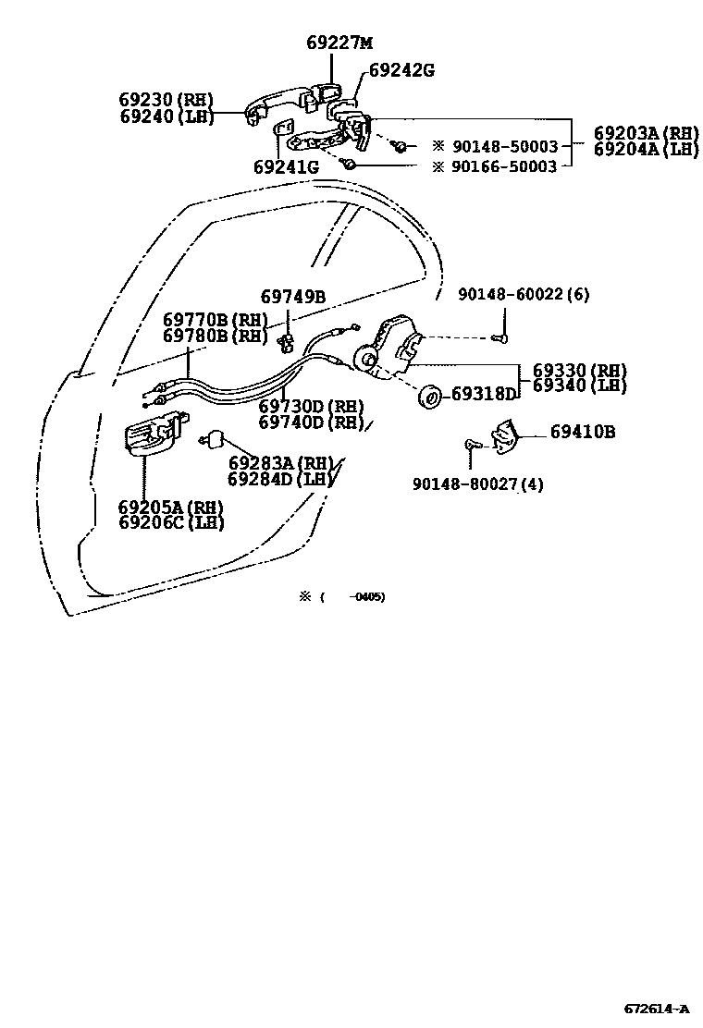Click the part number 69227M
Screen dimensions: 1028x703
339,43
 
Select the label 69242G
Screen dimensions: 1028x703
401,69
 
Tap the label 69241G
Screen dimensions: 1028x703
285,167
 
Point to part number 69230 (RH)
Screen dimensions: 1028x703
166,100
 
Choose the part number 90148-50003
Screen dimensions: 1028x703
504,147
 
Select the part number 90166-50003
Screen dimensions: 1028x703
504,166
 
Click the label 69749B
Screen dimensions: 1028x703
292,297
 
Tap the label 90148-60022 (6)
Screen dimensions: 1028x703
524,295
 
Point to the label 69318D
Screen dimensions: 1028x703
483,394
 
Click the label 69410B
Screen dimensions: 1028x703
583,432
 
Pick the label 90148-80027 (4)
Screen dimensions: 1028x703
478,483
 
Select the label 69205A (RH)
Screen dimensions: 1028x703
171,507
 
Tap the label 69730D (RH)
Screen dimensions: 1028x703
311,406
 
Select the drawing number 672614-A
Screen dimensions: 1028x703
655,1007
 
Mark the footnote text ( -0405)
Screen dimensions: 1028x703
353,596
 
